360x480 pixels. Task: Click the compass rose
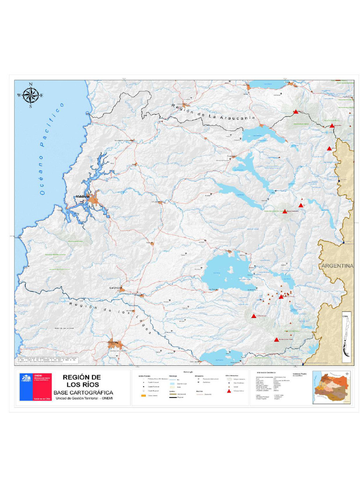[30, 96]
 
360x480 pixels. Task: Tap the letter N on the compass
[30, 85]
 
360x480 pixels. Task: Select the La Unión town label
[115, 287]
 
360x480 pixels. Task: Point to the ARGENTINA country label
[337, 266]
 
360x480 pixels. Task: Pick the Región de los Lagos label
[110, 317]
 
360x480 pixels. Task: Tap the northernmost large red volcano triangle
[296, 112]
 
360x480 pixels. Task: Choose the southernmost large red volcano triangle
[277, 339]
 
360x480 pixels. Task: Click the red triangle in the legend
[228, 390]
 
